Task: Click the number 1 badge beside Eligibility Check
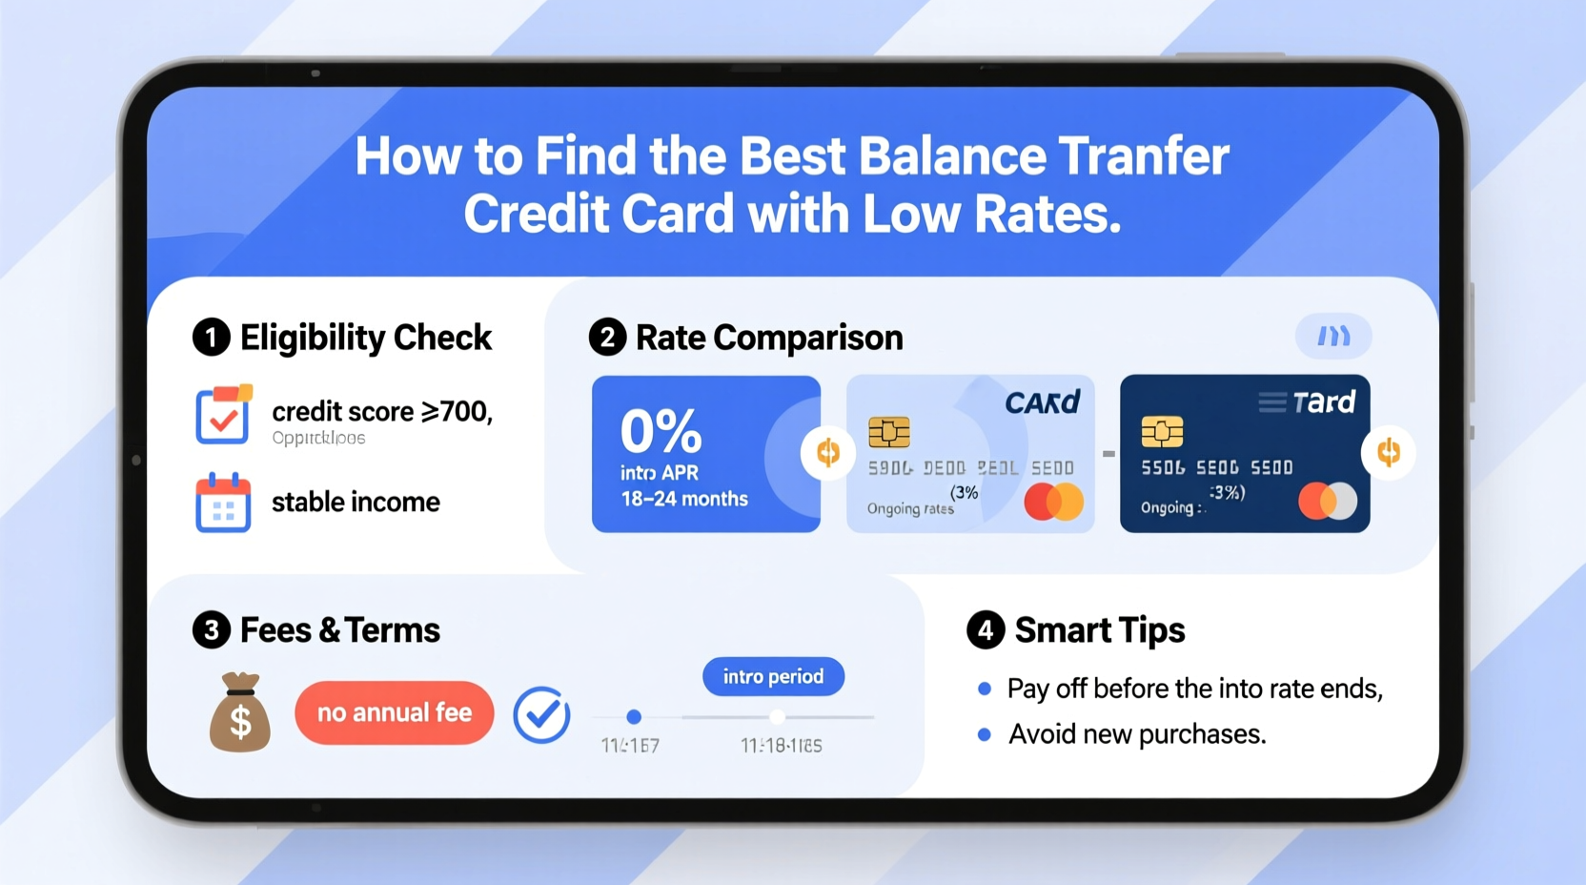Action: click(212, 338)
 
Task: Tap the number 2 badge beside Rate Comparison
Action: click(607, 338)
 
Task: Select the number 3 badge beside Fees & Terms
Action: click(212, 630)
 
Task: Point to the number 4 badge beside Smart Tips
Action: click(986, 630)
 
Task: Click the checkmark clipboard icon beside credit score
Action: click(223, 415)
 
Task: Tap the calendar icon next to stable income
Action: click(223, 503)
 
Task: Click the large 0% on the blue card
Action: click(661, 431)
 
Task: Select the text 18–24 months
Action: click(684, 499)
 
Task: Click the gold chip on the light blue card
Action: click(888, 432)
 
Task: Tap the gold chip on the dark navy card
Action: click(1162, 432)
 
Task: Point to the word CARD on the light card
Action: click(1042, 402)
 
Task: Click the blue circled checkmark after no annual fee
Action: click(541, 714)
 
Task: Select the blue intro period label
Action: click(773, 676)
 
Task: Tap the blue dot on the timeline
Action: click(634, 716)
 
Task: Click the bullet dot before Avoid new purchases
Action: click(985, 734)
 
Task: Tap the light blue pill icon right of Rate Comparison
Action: click(1332, 336)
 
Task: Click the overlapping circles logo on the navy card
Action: click(1328, 501)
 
